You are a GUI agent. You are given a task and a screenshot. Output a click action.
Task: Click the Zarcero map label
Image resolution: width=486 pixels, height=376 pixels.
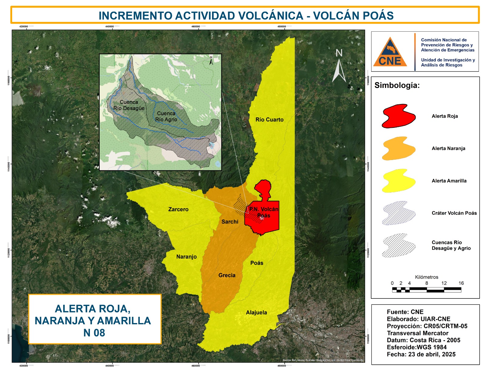[178, 209]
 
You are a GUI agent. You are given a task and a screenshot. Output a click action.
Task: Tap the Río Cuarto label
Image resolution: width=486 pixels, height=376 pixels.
[269, 120]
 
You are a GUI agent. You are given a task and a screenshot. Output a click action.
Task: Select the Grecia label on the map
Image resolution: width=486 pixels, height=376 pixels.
[227, 275]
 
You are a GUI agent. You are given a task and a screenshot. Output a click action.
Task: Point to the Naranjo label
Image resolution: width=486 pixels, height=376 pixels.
[187, 257]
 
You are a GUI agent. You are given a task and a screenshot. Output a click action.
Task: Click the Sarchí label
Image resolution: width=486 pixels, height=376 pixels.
[230, 222]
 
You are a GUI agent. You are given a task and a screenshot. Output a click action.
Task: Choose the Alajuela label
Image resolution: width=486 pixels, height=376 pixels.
[256, 312]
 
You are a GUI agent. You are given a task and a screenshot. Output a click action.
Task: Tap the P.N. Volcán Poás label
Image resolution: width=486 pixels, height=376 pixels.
[264, 212]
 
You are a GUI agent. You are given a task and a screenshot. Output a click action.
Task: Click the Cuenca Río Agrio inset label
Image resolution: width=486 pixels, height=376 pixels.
[166, 117]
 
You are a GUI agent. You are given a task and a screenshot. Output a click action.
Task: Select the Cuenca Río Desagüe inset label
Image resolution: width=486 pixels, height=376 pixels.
[129, 105]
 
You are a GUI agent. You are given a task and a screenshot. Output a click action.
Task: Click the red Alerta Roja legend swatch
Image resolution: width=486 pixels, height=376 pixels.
[399, 116]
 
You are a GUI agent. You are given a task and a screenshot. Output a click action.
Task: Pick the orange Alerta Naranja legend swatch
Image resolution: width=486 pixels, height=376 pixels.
[399, 148]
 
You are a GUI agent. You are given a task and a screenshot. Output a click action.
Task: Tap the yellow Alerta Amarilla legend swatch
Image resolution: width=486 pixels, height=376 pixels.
[399, 181]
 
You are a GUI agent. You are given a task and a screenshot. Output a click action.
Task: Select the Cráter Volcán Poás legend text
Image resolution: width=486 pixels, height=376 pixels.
[454, 213]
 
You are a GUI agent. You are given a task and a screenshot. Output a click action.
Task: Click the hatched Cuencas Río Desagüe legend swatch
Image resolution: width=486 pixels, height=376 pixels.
[399, 245]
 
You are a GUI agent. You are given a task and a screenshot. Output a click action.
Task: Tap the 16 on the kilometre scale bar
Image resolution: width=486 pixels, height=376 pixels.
[461, 283]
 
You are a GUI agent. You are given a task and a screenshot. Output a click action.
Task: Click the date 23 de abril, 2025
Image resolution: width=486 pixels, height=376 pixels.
[432, 354]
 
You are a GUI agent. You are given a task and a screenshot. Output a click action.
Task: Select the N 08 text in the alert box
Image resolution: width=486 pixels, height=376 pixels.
[94, 333]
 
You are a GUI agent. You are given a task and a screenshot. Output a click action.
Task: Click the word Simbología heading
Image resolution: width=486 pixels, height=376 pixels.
[397, 85]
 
